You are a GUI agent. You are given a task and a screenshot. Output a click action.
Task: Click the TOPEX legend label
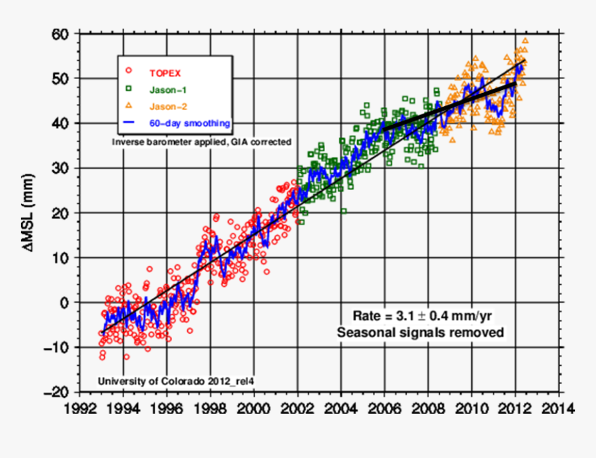(166, 71)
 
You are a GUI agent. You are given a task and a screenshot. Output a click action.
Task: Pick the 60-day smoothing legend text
(189, 123)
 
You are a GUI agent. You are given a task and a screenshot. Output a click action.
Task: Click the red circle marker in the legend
(128, 71)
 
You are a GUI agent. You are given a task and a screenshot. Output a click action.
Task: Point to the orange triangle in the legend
(128, 105)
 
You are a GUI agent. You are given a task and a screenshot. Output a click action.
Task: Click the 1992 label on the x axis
(80, 408)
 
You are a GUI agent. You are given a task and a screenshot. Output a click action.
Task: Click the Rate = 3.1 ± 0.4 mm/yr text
(423, 316)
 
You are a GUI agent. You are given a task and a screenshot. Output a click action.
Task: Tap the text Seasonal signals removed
(421, 333)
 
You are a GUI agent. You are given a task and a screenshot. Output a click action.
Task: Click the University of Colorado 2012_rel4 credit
(171, 381)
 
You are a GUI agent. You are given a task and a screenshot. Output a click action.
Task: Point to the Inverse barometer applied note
(200, 141)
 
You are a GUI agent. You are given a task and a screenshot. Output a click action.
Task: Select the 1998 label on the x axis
(211, 408)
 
